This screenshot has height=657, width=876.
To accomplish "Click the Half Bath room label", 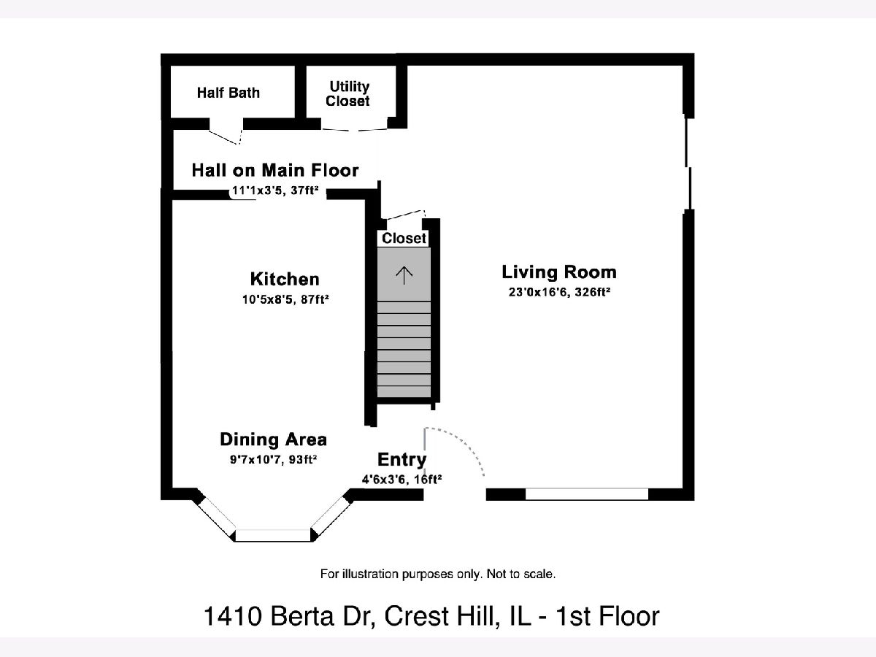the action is click(228, 93).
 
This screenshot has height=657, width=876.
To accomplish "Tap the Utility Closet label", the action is click(347, 93).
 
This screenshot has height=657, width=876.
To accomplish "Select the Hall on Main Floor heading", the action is click(275, 170).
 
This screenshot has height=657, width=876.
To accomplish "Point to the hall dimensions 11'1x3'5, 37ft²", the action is click(275, 191).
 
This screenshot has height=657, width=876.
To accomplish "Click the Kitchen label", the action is click(285, 279).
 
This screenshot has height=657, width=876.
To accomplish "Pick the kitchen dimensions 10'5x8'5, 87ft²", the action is click(285, 299).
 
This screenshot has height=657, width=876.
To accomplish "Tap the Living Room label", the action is click(559, 272).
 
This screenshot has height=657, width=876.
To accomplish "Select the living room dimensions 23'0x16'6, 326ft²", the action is click(559, 293).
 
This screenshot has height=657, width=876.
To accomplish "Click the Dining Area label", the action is click(273, 439).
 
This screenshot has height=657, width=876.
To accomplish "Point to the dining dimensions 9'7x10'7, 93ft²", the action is click(273, 460).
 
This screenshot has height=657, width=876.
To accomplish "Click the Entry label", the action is click(402, 460).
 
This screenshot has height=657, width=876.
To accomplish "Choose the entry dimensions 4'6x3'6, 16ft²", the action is click(402, 479).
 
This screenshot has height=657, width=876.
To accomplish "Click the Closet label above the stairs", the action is click(404, 238).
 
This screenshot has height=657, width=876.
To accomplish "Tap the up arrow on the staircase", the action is click(404, 276).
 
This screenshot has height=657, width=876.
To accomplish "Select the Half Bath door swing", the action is click(226, 135).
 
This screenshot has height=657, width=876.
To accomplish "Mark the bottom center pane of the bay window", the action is click(273, 535).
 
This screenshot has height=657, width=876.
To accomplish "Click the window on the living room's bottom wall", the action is click(587, 494).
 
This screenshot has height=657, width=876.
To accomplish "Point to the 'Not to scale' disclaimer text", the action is click(438, 575).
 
